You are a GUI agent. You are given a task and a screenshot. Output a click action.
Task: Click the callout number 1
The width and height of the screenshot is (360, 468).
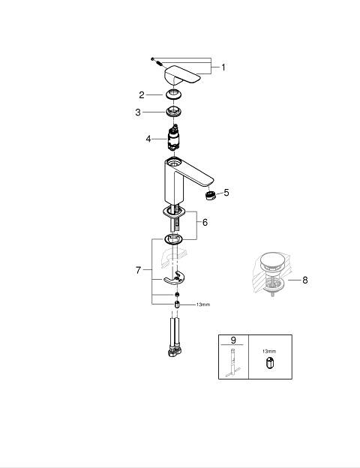point(223,67)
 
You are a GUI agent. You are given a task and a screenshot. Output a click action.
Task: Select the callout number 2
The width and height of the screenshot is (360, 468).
point(142,95)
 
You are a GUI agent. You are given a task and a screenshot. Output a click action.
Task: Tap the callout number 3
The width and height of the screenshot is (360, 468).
point(138,112)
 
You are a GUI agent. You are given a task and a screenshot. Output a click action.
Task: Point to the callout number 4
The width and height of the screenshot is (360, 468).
point(148,139)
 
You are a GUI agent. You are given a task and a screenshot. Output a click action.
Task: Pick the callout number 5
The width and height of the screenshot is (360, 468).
point(226,193)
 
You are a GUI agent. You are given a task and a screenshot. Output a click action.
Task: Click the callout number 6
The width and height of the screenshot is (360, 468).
point(205,222)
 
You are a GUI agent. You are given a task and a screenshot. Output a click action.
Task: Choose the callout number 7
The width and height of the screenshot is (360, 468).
point(138,270)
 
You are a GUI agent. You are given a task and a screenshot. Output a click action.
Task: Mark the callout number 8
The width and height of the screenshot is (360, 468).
point(304,280)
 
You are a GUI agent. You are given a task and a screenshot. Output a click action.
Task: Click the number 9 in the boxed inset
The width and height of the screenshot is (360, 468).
point(233,340)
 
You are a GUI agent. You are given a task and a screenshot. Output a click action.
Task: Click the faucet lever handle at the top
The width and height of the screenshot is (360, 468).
point(181,74)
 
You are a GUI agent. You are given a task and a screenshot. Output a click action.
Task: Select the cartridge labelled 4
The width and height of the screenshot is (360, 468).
point(173,138)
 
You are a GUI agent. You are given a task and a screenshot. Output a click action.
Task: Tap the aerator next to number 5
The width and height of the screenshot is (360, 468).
point(211,196)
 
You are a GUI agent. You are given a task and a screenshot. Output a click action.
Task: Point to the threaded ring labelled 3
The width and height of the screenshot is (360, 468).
point(173,112)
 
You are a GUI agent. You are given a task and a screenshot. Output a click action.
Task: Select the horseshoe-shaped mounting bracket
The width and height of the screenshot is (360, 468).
point(174,277)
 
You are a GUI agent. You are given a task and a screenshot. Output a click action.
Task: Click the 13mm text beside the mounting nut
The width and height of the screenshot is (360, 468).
point(203,304)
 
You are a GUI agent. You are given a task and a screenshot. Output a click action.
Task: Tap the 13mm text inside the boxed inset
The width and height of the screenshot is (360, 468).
point(269,351)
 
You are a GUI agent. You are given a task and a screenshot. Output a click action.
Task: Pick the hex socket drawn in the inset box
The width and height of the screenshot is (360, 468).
point(270,362)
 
